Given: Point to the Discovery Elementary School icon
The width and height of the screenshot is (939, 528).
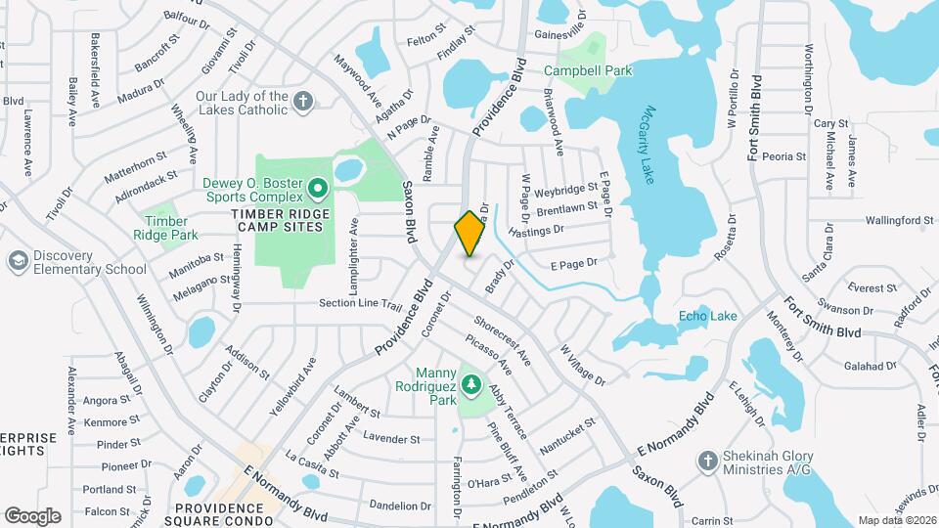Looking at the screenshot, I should tap(17, 262).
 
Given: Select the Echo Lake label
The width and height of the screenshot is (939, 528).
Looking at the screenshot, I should tap(708, 316).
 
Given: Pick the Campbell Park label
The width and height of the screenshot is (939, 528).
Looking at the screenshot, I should tap(588, 70).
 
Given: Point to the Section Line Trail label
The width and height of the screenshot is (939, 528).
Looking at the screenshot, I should tap(361, 304).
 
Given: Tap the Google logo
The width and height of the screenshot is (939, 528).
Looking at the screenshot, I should tap(32, 515).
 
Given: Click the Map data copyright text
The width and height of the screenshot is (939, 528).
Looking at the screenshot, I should tap(896, 520).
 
